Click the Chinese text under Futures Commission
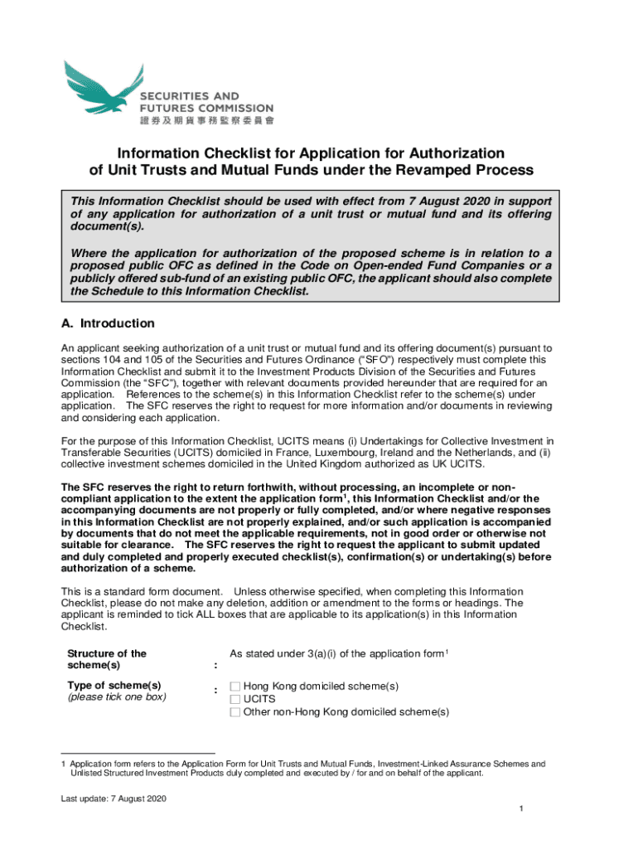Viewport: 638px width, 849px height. click(x=206, y=120)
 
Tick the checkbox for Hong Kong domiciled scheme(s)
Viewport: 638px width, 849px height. click(x=235, y=686)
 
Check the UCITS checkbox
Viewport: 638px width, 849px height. click(x=235, y=699)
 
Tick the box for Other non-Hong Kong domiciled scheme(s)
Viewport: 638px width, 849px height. click(x=235, y=711)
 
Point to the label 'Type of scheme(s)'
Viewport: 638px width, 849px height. click(x=114, y=685)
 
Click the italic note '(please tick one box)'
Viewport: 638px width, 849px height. click(x=116, y=697)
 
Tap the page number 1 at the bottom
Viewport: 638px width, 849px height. click(x=518, y=808)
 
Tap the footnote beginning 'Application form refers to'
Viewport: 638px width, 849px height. click(x=307, y=764)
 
